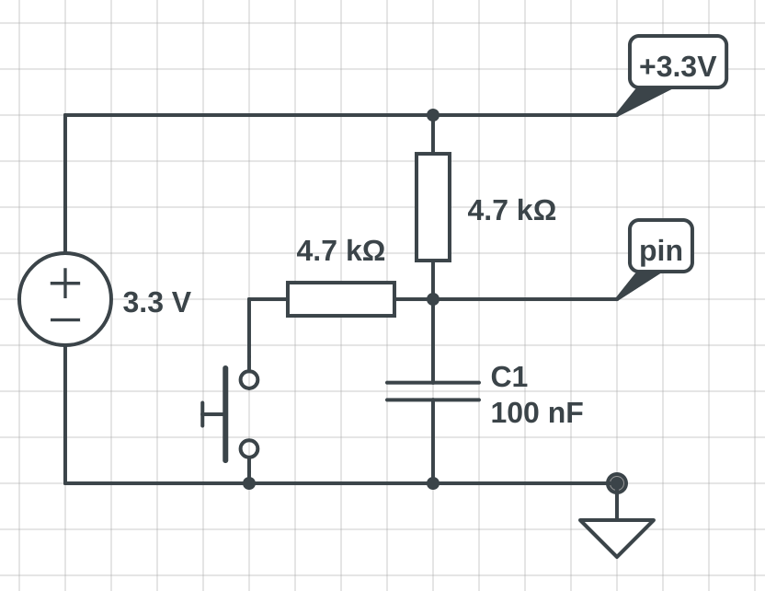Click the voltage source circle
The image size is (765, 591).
click(x=65, y=299)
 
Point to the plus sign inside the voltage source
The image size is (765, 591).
click(x=65, y=283)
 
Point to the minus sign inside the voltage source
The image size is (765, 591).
click(x=65, y=319)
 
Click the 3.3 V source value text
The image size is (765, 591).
click(x=156, y=302)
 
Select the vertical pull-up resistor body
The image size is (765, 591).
click(x=433, y=207)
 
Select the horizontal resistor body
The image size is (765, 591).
click(x=341, y=299)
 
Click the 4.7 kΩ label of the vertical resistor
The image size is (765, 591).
click(x=511, y=210)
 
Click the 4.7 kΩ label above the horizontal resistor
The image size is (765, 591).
click(x=340, y=250)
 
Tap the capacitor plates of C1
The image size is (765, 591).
click(x=433, y=391)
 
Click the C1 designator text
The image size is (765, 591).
click(x=508, y=377)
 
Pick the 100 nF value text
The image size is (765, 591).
click(x=536, y=412)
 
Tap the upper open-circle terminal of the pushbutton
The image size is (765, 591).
click(x=249, y=379)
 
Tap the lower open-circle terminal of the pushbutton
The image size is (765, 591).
click(x=249, y=448)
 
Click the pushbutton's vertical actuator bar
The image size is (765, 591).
click(x=225, y=414)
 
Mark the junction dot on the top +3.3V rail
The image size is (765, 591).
click(x=433, y=115)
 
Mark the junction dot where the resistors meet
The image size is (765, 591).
click(x=433, y=299)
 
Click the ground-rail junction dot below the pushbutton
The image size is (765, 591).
click(x=249, y=482)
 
